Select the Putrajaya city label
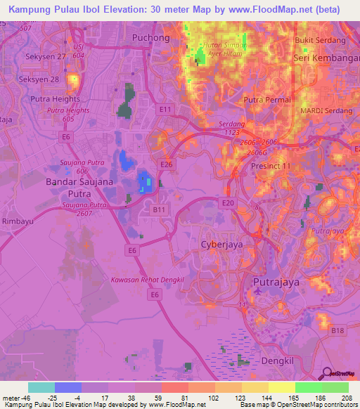[x=276, y=282]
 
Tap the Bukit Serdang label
[x=320, y=41]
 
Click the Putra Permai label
[x=262, y=100]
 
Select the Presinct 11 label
[x=271, y=166]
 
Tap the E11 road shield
[x=165, y=110]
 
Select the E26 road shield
[x=167, y=164]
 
